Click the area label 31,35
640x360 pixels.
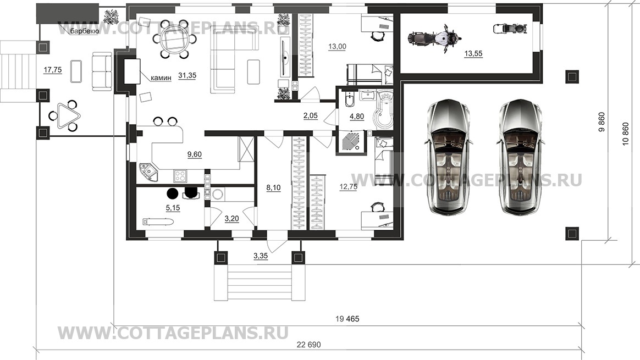pos(187,76)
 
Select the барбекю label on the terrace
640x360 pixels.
pos(84,31)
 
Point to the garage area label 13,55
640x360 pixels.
pos(473,54)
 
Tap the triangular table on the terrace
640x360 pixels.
pos(66,115)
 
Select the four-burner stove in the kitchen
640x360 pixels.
pos(180,175)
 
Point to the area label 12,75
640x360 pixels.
pos(349,186)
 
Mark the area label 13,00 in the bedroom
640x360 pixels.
pos(337,47)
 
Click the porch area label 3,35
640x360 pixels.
pos(260,256)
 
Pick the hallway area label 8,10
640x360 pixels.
pos(273,187)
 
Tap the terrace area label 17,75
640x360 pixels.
pos(53,70)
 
